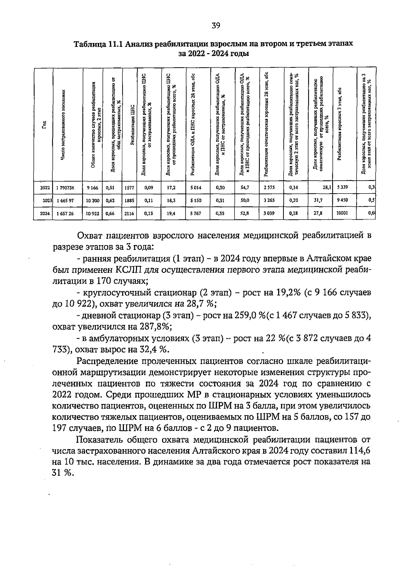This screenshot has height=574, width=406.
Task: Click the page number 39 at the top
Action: click(x=216, y=25)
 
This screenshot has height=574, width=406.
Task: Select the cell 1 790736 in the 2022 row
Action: click(x=65, y=187)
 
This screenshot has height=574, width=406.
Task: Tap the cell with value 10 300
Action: click(x=92, y=200)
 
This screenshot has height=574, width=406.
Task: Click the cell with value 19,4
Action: click(x=172, y=213)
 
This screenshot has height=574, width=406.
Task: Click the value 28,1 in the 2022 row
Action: click(x=326, y=187)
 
